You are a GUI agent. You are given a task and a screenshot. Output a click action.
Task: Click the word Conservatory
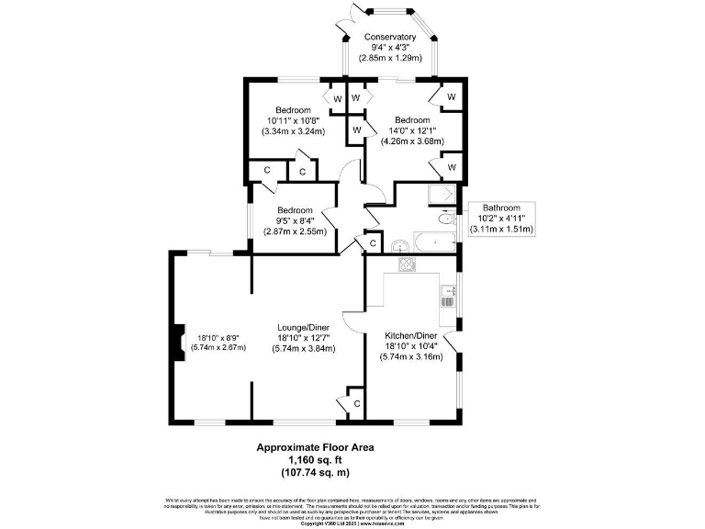390,37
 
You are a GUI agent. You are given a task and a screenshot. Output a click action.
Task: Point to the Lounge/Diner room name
305,326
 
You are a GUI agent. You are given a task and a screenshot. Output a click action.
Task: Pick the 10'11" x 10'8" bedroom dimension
294,120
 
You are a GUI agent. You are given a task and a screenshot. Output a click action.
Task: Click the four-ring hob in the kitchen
407,264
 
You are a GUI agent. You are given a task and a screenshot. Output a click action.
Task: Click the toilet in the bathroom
447,219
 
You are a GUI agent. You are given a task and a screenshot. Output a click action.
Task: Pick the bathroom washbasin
400,245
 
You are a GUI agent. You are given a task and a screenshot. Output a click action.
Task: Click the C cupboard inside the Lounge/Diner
356,403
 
